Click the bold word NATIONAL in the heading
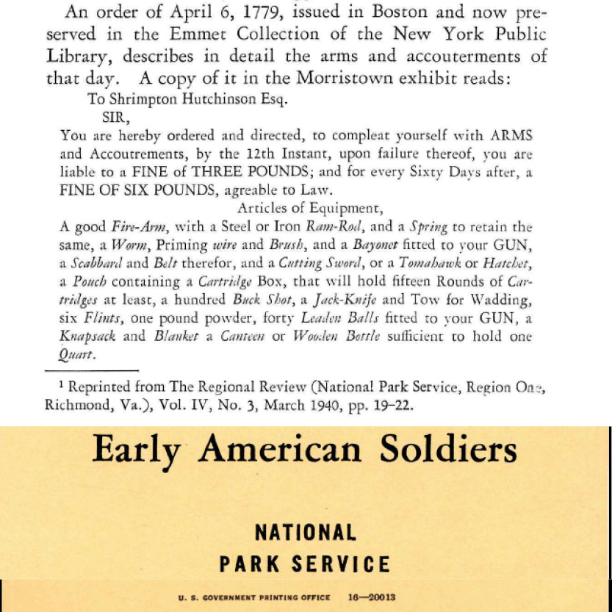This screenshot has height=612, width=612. click(305, 532)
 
